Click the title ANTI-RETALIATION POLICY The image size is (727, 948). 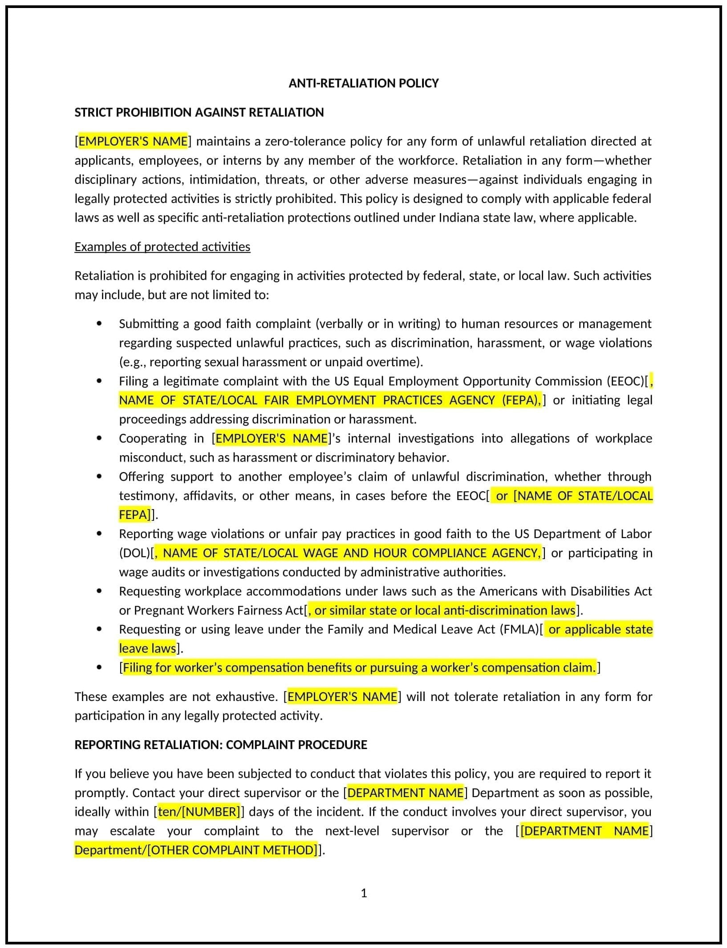click(x=363, y=83)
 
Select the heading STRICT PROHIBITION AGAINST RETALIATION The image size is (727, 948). click(x=199, y=112)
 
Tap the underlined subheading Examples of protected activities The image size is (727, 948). click(x=162, y=247)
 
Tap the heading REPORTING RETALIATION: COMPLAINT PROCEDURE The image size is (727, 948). click(x=220, y=745)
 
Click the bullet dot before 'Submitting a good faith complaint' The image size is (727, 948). click(x=99, y=324)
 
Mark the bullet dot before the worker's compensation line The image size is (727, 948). click(x=99, y=668)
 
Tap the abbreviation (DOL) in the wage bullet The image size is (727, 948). click(x=135, y=553)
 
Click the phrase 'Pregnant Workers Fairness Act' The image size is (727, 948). click(x=218, y=610)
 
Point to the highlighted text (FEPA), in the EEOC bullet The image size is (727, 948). click(x=521, y=400)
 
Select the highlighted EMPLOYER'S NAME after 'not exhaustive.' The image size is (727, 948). click(x=342, y=697)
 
